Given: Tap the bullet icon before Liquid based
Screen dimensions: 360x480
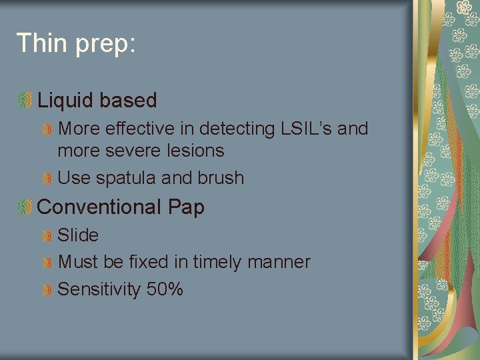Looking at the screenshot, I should pos(25,101).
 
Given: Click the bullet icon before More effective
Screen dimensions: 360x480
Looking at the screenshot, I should pos(48,129).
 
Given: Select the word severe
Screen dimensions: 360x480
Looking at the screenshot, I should pos(123,151).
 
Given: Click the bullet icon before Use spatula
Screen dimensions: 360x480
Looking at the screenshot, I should pos(48,179).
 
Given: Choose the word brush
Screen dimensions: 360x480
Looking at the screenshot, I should pos(222,178).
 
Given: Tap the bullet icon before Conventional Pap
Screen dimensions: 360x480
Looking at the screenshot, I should pos(25,207).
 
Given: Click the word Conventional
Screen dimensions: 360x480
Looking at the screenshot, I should pos(99,207).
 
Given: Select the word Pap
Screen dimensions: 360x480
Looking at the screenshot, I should pos(186,207).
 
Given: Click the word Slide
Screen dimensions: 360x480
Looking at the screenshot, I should pos(78,235).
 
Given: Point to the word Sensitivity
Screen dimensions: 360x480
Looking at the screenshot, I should pos(97,290).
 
